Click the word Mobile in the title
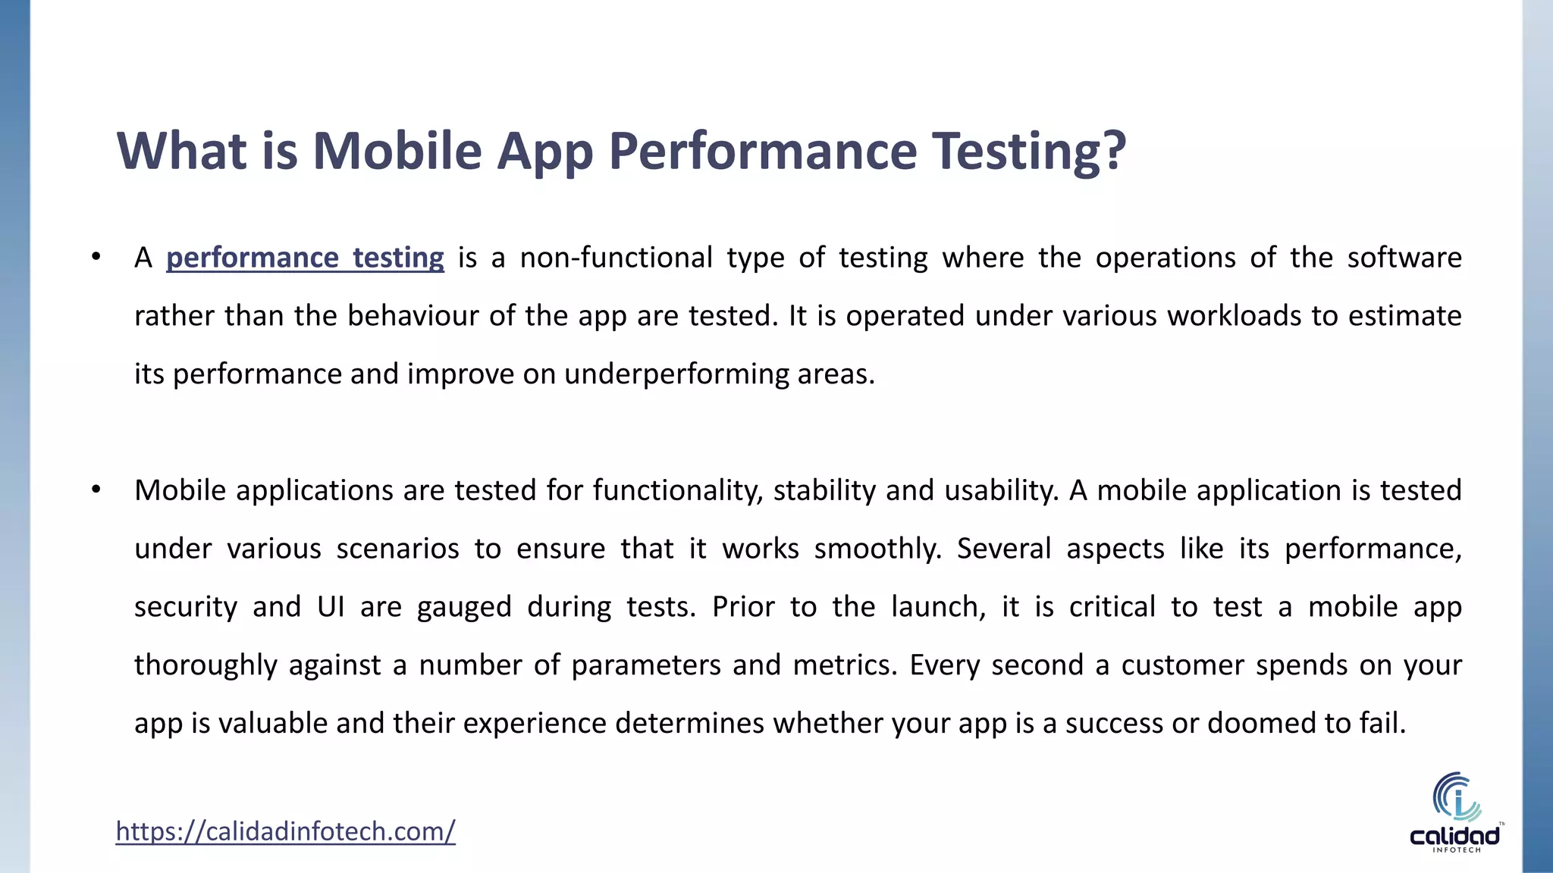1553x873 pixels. (397, 151)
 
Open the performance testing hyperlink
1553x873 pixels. (305, 258)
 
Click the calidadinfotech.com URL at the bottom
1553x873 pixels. (285, 831)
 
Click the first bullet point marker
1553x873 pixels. (96, 257)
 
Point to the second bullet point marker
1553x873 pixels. (96, 490)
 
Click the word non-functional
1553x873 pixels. (616, 258)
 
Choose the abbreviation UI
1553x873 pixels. (331, 607)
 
